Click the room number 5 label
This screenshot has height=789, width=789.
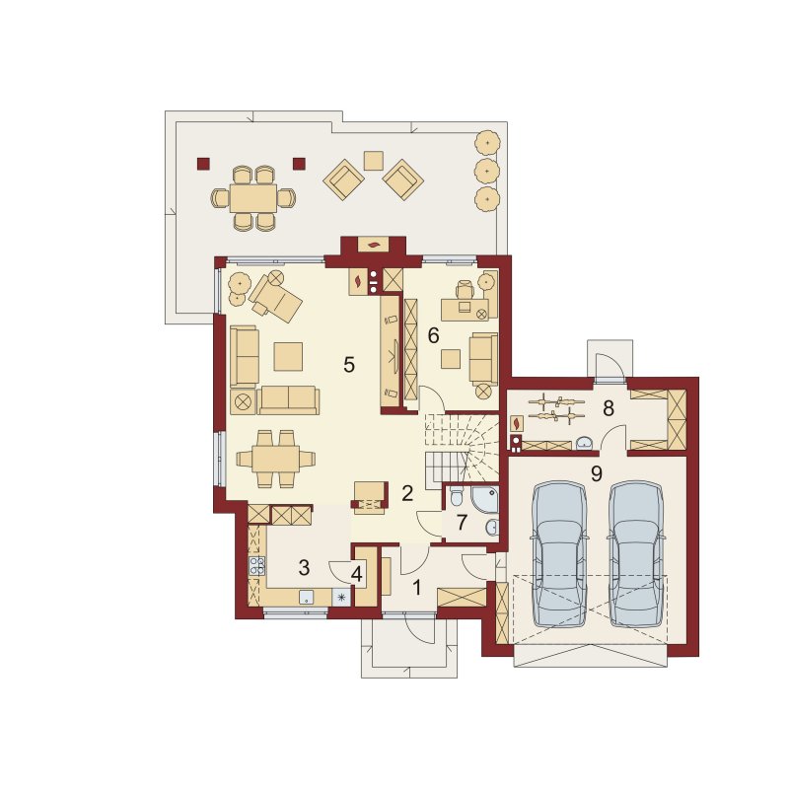[x=349, y=365]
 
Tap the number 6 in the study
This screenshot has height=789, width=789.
[x=433, y=335]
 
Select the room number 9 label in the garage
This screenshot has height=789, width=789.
[x=597, y=473]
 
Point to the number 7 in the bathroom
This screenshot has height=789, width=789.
[x=462, y=523]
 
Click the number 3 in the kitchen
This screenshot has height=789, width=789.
[x=304, y=568]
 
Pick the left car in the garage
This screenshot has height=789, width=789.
[x=560, y=554]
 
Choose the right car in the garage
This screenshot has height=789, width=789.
[x=635, y=554]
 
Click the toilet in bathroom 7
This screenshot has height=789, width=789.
[x=457, y=496]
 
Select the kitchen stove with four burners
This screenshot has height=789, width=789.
[x=257, y=565]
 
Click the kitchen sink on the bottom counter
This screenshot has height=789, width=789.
[x=307, y=598]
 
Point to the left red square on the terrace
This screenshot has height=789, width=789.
[x=203, y=164]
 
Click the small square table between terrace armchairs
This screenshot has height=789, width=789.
[x=374, y=161]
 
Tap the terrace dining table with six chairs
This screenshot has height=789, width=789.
[x=253, y=198]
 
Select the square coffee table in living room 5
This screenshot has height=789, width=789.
[x=288, y=356]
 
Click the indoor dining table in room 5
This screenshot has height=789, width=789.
[x=276, y=459]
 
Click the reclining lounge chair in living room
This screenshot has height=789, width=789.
[x=276, y=297]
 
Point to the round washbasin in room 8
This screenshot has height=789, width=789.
[x=585, y=442]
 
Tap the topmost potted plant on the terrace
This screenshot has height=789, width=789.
[x=487, y=143]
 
